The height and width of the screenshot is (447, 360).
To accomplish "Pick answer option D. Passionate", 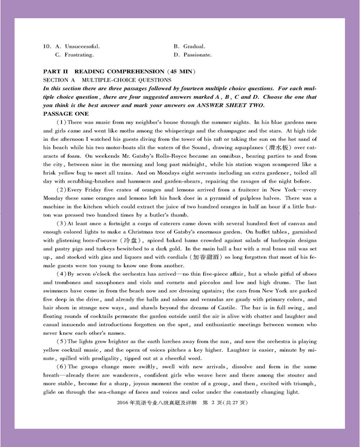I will [193, 55].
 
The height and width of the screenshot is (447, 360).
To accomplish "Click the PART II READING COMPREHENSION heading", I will [119, 72].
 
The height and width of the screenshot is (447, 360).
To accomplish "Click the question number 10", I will [46, 46].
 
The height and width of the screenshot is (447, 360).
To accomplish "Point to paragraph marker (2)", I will [61, 190].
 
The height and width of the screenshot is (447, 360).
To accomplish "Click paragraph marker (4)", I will [61, 274].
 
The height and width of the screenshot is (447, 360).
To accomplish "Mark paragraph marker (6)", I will [61, 366].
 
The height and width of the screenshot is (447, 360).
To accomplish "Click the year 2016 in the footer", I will [123, 403].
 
